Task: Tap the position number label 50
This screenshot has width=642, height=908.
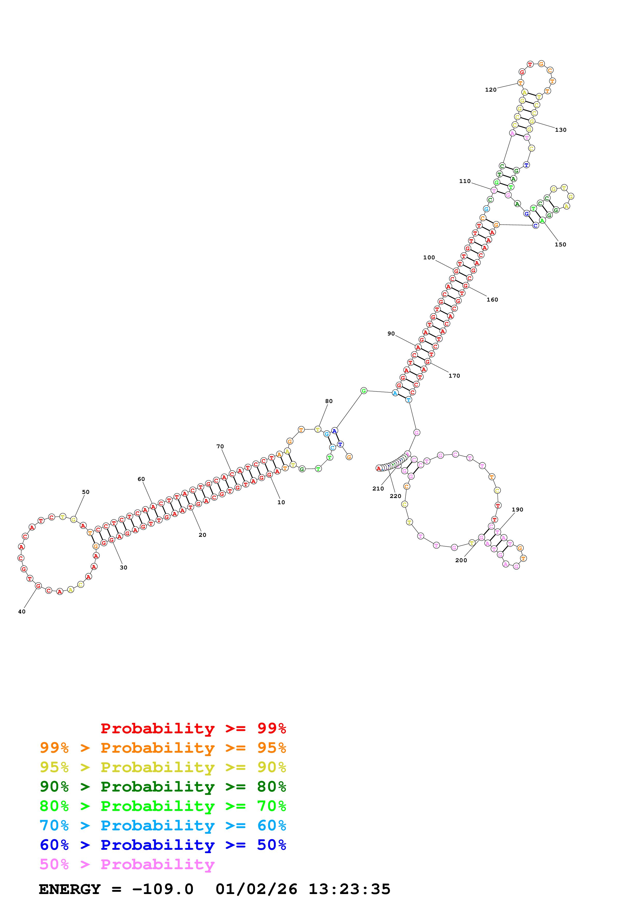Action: point(86,492)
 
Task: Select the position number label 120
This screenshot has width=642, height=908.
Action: point(490,90)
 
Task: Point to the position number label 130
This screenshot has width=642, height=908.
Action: point(560,130)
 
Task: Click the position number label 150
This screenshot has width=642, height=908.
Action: point(560,244)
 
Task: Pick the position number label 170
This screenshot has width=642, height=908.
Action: point(454,376)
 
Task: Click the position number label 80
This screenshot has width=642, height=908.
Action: point(329,401)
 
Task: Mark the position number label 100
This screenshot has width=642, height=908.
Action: point(429,258)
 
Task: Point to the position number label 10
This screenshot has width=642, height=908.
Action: point(281,502)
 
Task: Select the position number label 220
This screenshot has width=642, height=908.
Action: point(395,496)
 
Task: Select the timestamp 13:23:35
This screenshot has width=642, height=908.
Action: point(349,889)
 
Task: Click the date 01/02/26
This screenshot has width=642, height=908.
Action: point(256,889)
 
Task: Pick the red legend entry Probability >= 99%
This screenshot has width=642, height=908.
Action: point(193,728)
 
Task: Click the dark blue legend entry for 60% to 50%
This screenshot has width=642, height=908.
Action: point(163,845)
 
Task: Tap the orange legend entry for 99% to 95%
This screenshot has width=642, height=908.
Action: point(163,748)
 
